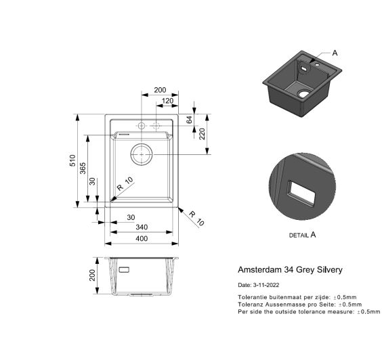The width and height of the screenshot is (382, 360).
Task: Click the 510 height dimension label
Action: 72,160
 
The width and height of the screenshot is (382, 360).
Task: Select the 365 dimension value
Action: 83,168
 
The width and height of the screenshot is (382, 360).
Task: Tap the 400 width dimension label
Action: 142,239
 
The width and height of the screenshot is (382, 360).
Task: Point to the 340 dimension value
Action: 142,227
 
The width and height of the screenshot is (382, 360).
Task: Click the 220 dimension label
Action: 202,133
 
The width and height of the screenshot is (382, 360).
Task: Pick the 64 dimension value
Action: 189,120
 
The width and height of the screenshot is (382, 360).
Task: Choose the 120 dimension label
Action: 167,101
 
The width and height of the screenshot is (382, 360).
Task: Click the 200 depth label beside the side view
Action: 92,275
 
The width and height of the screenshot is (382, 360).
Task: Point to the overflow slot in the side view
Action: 124,270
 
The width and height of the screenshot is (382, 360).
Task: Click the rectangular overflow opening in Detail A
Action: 302,193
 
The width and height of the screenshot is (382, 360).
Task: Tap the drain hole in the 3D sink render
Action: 304,93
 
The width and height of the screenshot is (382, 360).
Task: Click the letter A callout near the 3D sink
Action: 335,53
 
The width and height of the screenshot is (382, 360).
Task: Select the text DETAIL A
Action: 302,235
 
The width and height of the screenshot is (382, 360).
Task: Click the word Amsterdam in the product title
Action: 259,270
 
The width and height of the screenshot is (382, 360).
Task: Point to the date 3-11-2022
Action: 266,285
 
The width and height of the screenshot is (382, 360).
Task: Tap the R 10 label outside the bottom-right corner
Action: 196,218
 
